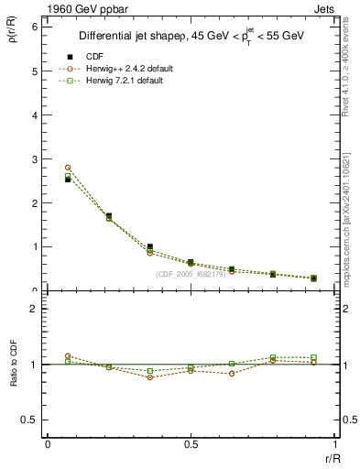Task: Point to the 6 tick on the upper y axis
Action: [x=34, y=27]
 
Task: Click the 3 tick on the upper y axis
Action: [x=34, y=159]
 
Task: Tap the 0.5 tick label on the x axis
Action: [x=191, y=444]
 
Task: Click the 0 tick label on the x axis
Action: [x=47, y=444]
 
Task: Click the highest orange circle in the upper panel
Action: [x=68, y=168]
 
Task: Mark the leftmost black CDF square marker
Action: [x=68, y=180]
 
